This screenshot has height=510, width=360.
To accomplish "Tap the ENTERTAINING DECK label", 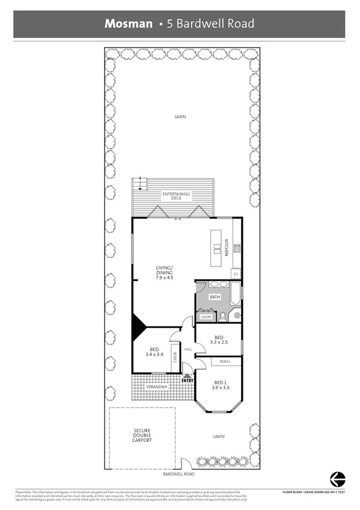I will click(176, 195).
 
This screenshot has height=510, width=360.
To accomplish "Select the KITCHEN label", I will click(227, 248).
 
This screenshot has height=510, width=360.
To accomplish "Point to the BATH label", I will click(214, 297).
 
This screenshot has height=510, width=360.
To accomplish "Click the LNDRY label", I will click(206, 316).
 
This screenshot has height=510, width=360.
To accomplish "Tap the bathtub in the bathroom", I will click(235, 295).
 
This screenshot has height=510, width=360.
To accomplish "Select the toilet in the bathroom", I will click(222, 317).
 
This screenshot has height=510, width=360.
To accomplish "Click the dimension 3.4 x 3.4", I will click(154, 354).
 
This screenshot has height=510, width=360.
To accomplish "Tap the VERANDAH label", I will click(156, 387).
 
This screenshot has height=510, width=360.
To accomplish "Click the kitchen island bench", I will click(215, 248).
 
